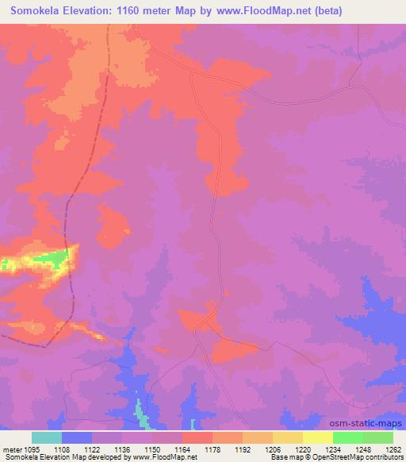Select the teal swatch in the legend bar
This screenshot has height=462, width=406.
click(47, 437)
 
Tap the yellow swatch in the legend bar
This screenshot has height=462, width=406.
click(317, 437)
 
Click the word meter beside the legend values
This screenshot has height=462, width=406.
click(10, 448)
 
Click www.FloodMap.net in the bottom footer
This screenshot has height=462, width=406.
click(169, 457)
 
